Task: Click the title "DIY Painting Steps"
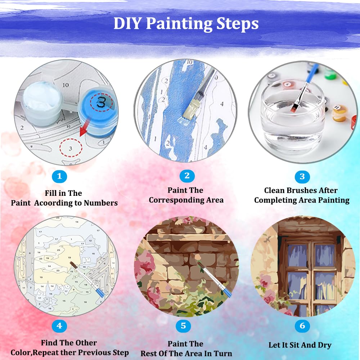click(186, 23)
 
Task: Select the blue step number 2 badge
click(187, 176)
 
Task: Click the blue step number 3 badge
click(302, 176)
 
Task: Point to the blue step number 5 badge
click(183, 326)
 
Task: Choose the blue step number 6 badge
click(302, 326)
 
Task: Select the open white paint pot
click(43, 103)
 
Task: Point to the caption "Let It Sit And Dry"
click(300, 345)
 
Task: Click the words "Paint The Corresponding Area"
click(186, 195)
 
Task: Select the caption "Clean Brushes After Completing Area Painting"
click(302, 195)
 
